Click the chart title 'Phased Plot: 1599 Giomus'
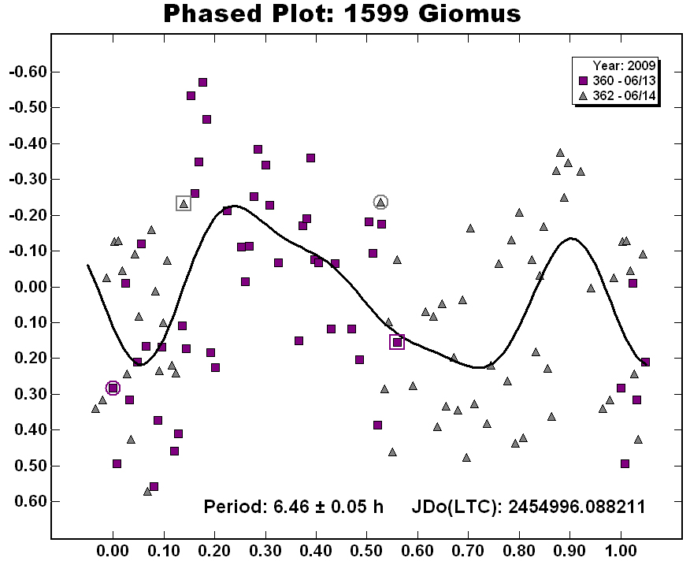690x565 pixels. (342, 13)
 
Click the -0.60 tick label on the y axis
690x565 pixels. (26, 72)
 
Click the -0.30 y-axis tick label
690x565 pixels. (26, 180)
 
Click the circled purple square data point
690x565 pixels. (113, 388)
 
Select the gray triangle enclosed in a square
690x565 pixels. (184, 203)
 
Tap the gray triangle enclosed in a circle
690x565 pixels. (380, 203)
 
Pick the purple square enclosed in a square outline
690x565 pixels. (397, 342)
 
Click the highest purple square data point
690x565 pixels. (202, 82)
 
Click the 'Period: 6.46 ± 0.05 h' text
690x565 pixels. (293, 507)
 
